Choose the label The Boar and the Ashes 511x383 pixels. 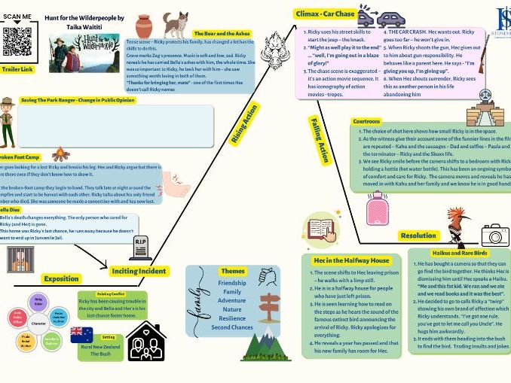coord(221,34)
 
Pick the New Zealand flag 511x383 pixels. coord(81,334)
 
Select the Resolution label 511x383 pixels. coord(418,236)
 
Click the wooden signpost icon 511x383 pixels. coord(269,307)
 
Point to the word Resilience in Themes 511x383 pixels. coord(232,318)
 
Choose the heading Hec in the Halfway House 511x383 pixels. coord(339,260)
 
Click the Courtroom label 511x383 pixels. coord(368,121)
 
